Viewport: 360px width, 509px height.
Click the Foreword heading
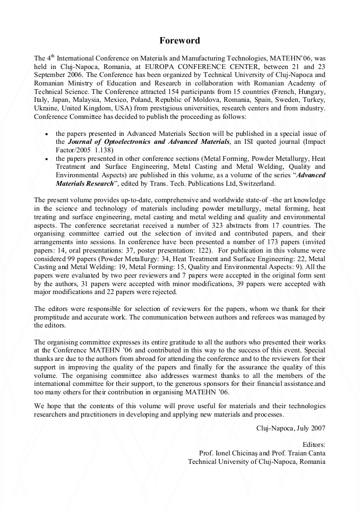click(x=180, y=40)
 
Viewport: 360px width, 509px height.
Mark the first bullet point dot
click(x=48, y=134)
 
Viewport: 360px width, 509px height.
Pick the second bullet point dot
click(x=48, y=159)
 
